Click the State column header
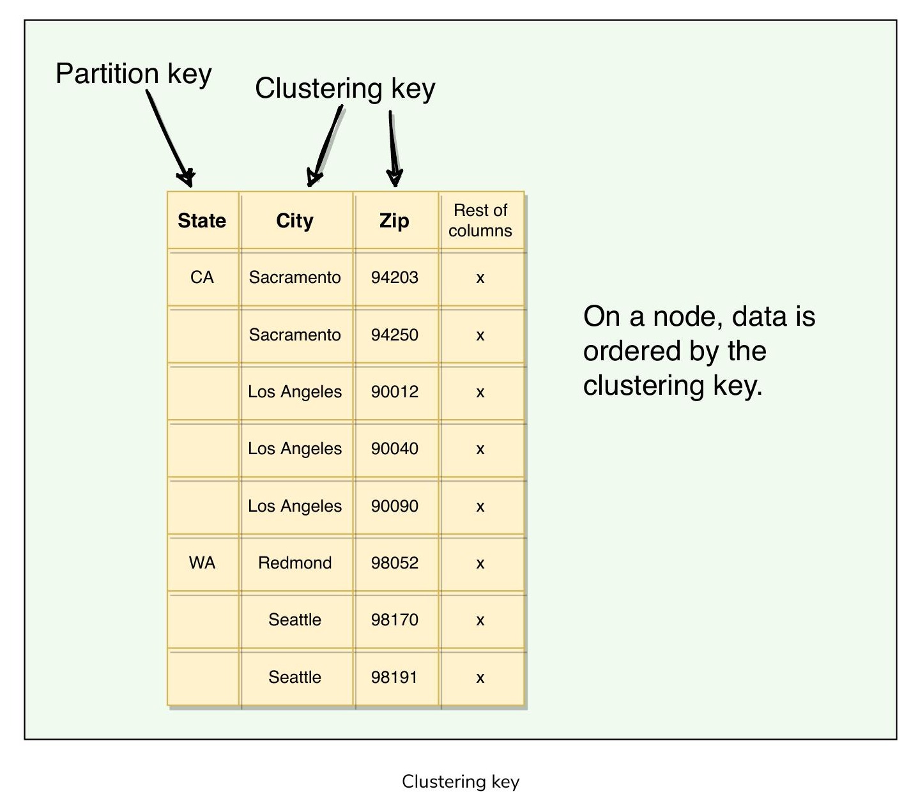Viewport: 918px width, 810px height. click(202, 220)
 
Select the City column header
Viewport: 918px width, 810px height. click(295, 221)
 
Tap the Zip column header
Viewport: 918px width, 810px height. click(394, 221)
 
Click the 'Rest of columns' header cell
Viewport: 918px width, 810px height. click(480, 220)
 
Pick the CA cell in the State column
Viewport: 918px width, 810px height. click(202, 277)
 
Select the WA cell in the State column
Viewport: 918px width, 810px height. click(202, 563)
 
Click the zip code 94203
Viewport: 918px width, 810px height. click(394, 277)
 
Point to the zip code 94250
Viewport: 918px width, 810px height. click(394, 335)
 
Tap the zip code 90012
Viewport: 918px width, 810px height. click(394, 392)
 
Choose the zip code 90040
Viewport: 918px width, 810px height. click(394, 448)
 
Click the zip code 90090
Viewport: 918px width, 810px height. click(394, 506)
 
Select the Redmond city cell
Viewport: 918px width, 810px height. click(295, 563)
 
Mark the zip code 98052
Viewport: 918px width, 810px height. click(394, 563)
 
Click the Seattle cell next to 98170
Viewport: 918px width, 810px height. click(295, 620)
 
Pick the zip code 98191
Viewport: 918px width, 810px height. click(394, 677)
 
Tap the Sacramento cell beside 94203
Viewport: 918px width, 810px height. click(295, 277)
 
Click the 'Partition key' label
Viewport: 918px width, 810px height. click(134, 74)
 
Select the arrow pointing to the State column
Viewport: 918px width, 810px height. click(169, 137)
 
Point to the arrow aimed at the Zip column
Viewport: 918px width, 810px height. click(394, 149)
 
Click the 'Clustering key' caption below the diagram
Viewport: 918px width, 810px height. click(461, 782)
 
